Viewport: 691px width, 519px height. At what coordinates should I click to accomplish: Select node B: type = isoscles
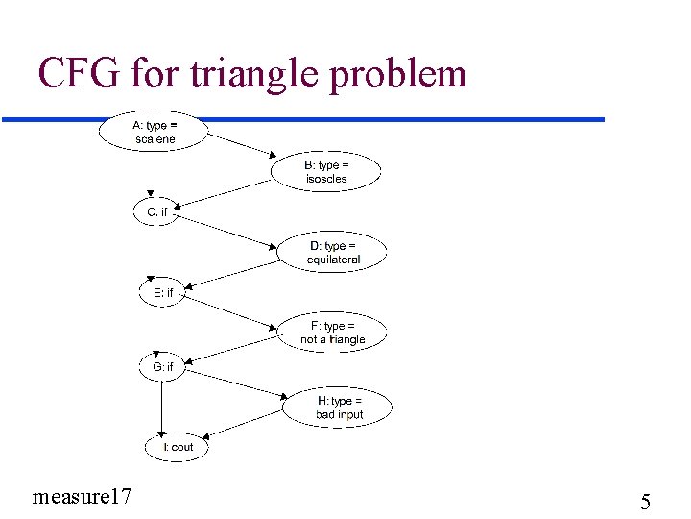326,172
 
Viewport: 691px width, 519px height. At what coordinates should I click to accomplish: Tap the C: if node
155,211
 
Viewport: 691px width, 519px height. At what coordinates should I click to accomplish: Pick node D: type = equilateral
333,253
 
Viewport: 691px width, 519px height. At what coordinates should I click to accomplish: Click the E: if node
162,292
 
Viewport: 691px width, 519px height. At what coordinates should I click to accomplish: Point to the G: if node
162,366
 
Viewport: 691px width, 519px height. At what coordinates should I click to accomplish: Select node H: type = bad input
339,408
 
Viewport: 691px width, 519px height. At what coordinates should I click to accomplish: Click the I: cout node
176,447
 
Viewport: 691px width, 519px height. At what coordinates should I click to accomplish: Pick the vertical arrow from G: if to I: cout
163,405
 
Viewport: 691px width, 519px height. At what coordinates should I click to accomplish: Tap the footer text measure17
82,496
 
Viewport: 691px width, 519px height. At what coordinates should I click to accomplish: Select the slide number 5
645,501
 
